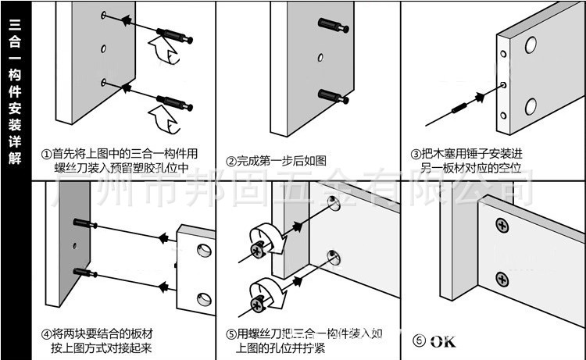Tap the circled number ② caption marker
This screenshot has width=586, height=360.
[231, 162]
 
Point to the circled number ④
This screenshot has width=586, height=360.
[47, 333]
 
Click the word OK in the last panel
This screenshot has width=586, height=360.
[441, 341]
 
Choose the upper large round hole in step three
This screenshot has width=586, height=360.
[531, 45]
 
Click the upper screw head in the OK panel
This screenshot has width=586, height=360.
[502, 226]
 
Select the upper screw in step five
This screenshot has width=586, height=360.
[258, 250]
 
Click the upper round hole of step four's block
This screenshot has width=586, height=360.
[202, 251]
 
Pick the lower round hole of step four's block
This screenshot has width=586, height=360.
[202, 298]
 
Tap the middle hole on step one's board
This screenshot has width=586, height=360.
[103, 48]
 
